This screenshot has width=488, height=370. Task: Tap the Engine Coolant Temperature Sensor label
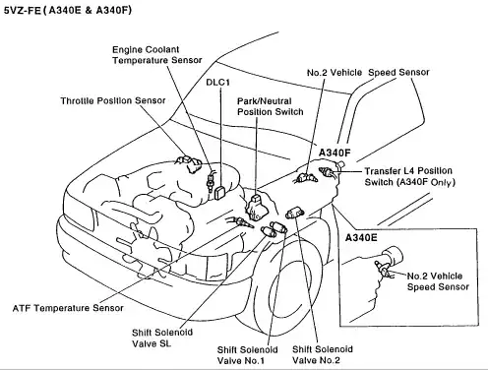click(x=157, y=55)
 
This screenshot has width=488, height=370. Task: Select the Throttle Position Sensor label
click(x=113, y=100)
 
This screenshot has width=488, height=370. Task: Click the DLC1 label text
click(x=218, y=82)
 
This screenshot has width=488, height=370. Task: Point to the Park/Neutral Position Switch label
click(x=271, y=106)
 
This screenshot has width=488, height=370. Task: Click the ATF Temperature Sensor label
click(x=68, y=308)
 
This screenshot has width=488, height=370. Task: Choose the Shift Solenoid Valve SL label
click(x=162, y=338)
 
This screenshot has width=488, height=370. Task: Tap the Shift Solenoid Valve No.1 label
click(x=247, y=355)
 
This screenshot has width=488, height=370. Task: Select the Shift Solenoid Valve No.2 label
click(x=323, y=354)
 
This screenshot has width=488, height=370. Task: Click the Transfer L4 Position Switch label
click(x=409, y=176)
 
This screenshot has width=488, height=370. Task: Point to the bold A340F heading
click(x=335, y=153)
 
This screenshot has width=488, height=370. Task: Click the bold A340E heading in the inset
click(x=361, y=237)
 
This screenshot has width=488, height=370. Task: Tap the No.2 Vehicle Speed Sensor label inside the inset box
click(x=438, y=281)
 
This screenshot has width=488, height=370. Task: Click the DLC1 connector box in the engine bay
click(x=219, y=192)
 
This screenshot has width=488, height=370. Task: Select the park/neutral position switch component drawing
click(x=258, y=208)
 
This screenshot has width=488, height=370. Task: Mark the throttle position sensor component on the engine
click(x=189, y=163)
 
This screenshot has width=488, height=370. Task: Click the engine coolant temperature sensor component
click(x=210, y=180)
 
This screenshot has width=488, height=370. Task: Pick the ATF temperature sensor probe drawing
click(x=242, y=223)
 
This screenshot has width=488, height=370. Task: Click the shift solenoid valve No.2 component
click(x=295, y=214)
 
